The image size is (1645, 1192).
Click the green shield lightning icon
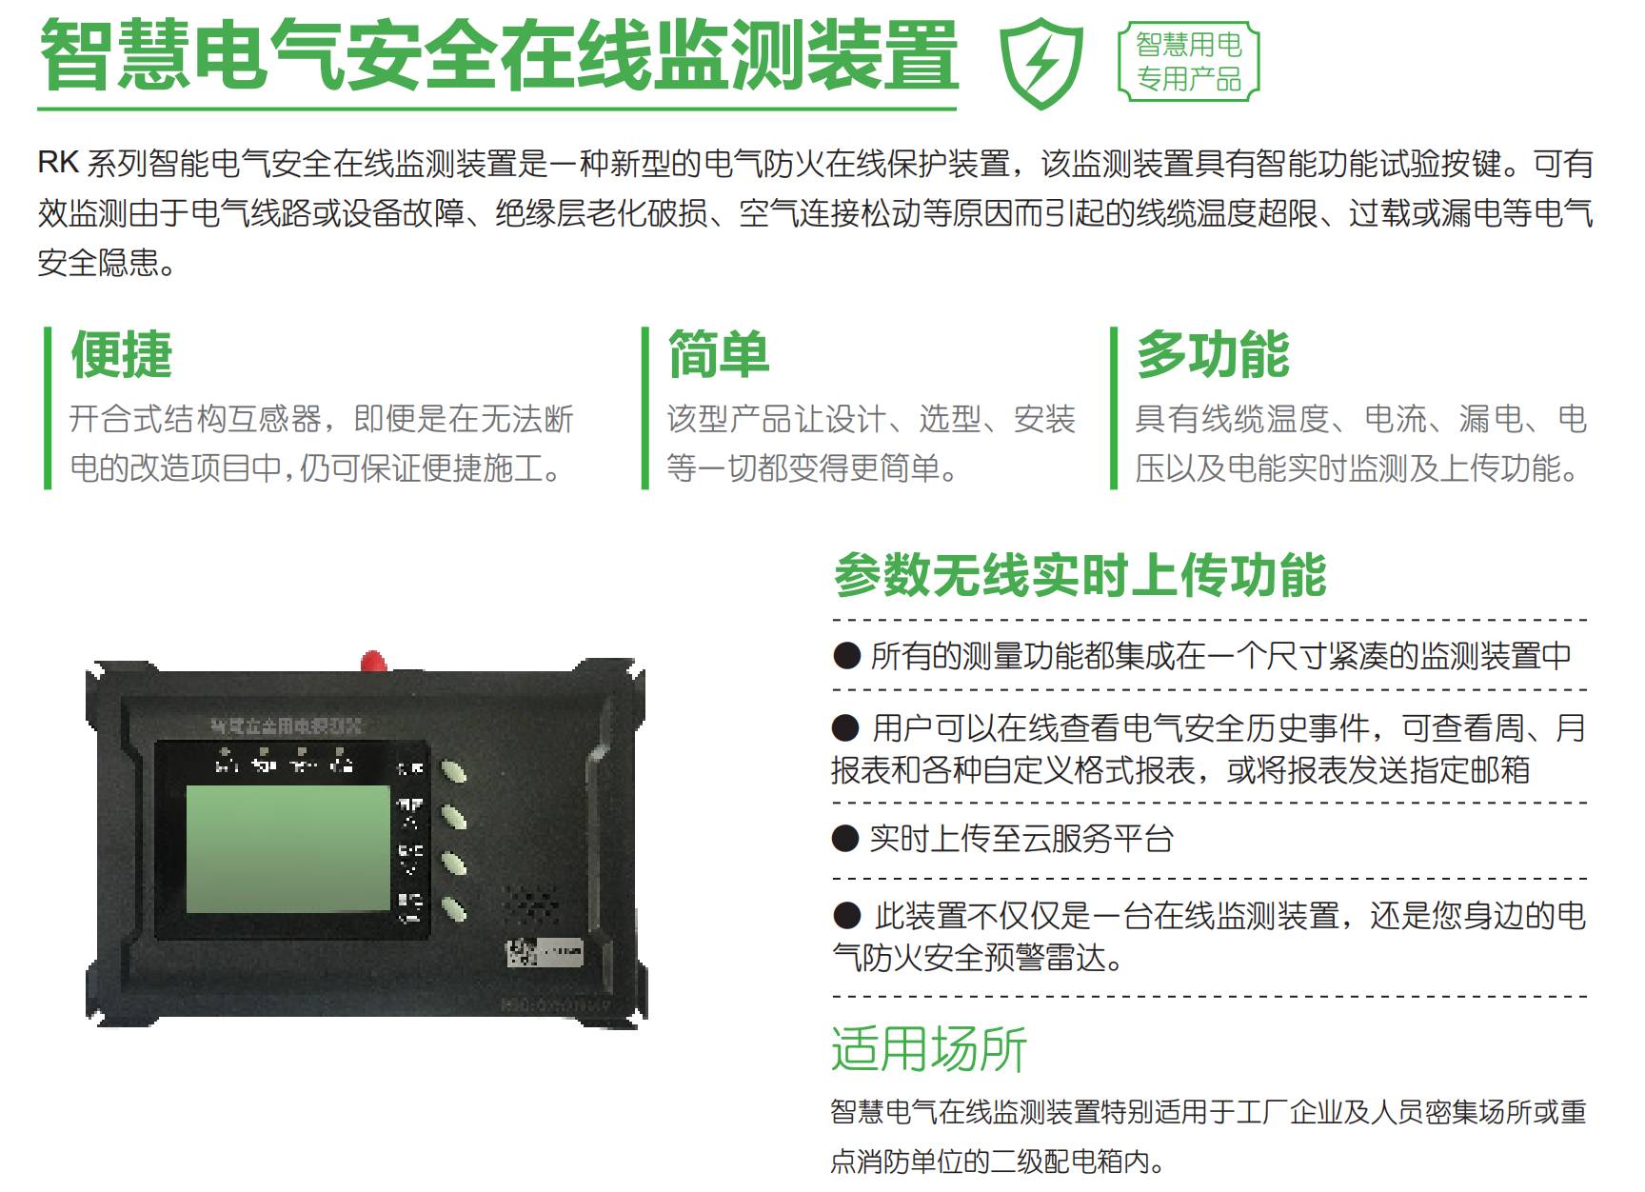click(1041, 63)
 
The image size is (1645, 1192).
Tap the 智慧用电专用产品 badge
click(1188, 62)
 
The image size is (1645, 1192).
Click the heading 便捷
click(122, 354)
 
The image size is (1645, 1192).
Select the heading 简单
click(719, 354)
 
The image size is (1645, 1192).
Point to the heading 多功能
click(1213, 354)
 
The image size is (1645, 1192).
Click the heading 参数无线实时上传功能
click(1080, 575)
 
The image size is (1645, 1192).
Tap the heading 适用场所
click(929, 1048)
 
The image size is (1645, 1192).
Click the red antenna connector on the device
click(373, 660)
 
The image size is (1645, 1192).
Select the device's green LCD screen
click(288, 848)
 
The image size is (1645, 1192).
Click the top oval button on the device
click(452, 770)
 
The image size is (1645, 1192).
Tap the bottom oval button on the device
click(453, 908)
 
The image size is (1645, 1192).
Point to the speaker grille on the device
click(530, 903)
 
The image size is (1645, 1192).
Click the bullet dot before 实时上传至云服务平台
click(845, 839)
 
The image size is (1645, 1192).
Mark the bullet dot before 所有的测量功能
click(846, 655)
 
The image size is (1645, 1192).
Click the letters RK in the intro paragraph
click(58, 163)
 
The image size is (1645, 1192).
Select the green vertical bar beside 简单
click(645, 408)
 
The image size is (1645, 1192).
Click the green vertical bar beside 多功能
click(1114, 408)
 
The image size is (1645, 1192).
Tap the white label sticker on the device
click(545, 951)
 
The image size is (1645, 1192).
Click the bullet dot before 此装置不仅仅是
click(846, 916)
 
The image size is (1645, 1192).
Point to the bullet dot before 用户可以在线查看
click(845, 729)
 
